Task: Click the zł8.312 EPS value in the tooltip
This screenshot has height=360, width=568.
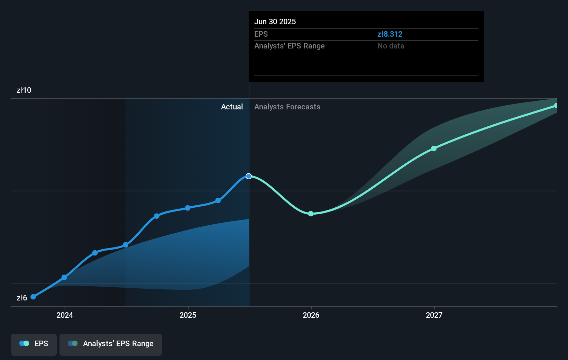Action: pos(390,34)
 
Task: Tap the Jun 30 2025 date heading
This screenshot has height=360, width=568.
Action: pos(275,22)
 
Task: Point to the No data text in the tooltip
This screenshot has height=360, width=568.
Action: pos(391,46)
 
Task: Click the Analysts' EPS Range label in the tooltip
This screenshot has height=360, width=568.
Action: pos(289,46)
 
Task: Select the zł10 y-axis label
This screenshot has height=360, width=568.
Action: pos(24,90)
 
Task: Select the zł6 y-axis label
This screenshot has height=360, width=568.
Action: pos(22,298)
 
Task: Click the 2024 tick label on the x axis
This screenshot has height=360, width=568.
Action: pos(65,315)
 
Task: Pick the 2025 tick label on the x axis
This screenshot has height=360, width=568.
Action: pos(188,315)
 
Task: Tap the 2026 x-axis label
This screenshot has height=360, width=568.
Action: pos(311,315)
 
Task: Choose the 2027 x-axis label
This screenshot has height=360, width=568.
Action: pos(434,315)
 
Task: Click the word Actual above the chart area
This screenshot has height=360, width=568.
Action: pos(232,107)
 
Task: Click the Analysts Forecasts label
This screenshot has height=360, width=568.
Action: pos(287,107)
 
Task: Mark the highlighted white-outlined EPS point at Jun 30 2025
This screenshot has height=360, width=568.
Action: pos(249,176)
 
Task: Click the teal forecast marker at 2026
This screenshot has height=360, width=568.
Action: pos(311,214)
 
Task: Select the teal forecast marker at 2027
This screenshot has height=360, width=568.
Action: pos(434,148)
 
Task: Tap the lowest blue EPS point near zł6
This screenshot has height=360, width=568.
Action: pos(33,297)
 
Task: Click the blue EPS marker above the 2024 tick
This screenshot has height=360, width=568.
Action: pos(64,277)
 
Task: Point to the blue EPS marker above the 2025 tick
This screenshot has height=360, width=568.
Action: pos(187,208)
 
